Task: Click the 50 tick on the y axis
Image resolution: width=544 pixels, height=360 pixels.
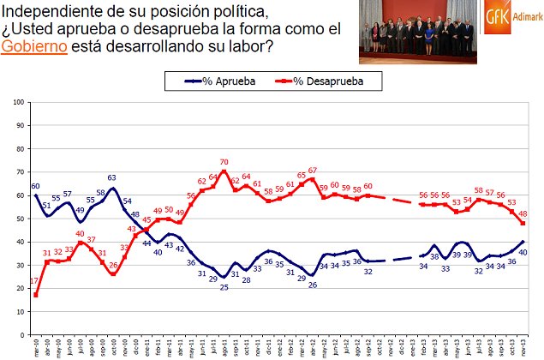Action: pyautogui.click(x=19, y=219)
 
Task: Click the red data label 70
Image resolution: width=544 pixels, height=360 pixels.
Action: pyautogui.click(x=224, y=161)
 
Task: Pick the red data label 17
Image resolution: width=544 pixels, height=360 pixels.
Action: pyautogui.click(x=32, y=283)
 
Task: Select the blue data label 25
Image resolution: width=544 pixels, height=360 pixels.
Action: pyautogui.click(x=224, y=287)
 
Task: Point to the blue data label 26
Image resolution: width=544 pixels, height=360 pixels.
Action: pyautogui.click(x=313, y=285)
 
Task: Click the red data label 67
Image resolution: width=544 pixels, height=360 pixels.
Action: pyautogui.click(x=313, y=170)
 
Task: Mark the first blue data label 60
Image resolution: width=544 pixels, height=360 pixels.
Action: pyautogui.click(x=35, y=186)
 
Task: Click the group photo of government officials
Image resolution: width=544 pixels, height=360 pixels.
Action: pyautogui.click(x=416, y=33)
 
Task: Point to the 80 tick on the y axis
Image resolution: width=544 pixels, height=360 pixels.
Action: pyautogui.click(x=19, y=149)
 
